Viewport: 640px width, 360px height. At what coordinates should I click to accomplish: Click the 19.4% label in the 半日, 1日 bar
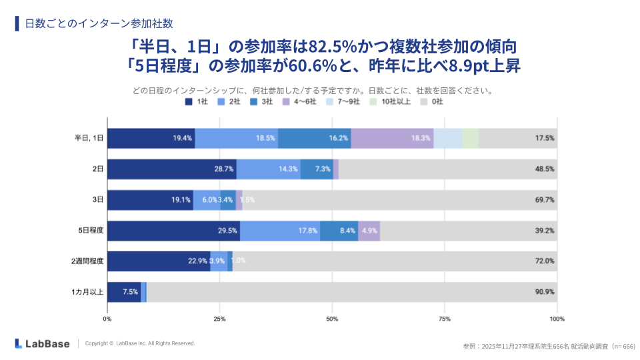[183, 138]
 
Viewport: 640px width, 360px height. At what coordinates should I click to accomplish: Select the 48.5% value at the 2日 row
[544, 169]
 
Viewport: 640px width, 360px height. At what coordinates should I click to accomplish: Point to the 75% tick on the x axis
[445, 319]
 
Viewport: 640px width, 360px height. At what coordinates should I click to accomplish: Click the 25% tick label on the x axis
[219, 319]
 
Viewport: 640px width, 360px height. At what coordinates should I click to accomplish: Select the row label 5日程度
[91, 230]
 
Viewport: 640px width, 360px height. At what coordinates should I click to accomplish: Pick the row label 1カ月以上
[88, 292]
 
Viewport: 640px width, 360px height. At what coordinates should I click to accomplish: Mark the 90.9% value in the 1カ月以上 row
[544, 292]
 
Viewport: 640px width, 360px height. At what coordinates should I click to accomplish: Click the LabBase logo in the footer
[43, 343]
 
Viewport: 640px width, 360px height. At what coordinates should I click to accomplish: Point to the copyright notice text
[140, 343]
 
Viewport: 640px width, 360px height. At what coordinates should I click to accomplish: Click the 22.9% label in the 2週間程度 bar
[197, 261]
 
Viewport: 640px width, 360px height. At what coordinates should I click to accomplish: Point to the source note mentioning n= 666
[549, 346]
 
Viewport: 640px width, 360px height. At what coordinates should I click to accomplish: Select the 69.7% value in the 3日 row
[544, 199]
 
